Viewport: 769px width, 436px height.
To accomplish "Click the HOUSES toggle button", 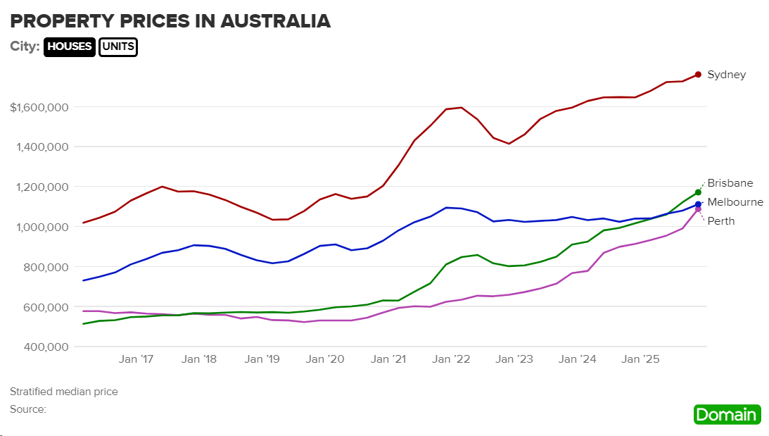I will pyautogui.click(x=70, y=47).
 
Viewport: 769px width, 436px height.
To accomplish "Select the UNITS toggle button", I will pyautogui.click(x=118, y=47).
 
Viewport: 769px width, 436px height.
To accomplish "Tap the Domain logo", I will pyautogui.click(x=727, y=414).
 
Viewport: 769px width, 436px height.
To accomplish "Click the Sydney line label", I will pyautogui.click(x=726, y=75).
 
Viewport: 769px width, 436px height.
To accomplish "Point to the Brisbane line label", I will pyautogui.click(x=730, y=183).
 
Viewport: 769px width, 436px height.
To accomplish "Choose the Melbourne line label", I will pyautogui.click(x=735, y=202).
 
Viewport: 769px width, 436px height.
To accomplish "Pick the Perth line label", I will pyautogui.click(x=720, y=221).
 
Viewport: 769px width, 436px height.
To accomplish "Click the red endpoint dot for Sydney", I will pyautogui.click(x=698, y=75).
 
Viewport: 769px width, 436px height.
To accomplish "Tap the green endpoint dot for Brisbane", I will pyautogui.click(x=698, y=192).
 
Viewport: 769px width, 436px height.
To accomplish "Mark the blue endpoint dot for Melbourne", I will pyautogui.click(x=698, y=205).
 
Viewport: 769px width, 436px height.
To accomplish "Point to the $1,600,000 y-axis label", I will pyautogui.click(x=39, y=108).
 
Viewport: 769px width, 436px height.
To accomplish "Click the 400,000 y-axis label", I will pyautogui.click(x=44, y=347).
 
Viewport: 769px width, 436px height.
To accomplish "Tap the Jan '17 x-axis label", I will pyautogui.click(x=136, y=359).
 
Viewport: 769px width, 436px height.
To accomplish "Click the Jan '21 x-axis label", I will pyautogui.click(x=389, y=359).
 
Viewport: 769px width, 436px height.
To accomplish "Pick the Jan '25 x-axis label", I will pyautogui.click(x=642, y=359).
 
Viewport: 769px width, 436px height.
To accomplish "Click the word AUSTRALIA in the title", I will pyautogui.click(x=275, y=21).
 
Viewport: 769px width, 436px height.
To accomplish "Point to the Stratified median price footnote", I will pyautogui.click(x=64, y=392).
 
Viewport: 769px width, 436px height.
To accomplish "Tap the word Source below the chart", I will pyautogui.click(x=27, y=409).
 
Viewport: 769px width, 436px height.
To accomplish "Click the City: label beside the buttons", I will pyautogui.click(x=25, y=47).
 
